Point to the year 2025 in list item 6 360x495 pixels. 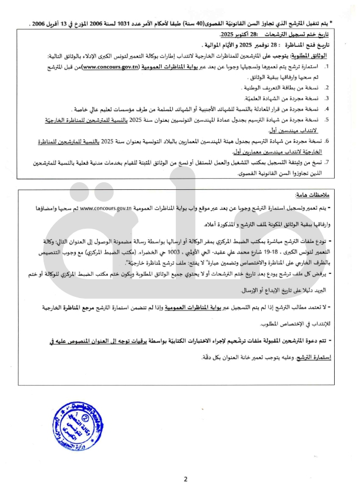click(x=112, y=141)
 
